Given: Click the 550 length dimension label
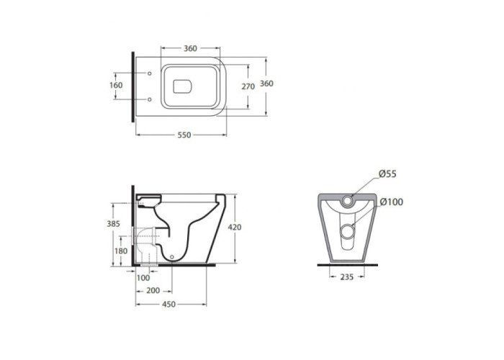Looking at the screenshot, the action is coord(184,135).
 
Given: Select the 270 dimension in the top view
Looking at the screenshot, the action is coord(248,86).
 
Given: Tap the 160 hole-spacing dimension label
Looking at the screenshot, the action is coord(116,85).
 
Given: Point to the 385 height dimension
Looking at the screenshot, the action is coord(114,224).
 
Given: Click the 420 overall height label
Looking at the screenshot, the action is coord(234,228).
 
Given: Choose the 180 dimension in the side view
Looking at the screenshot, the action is coord(121,251).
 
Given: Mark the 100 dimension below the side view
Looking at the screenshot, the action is coord(143,278).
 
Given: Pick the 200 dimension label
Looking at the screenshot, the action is coord(153,291).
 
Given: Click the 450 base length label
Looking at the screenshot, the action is coord(168,304).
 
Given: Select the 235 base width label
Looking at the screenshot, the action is coord(347,276).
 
